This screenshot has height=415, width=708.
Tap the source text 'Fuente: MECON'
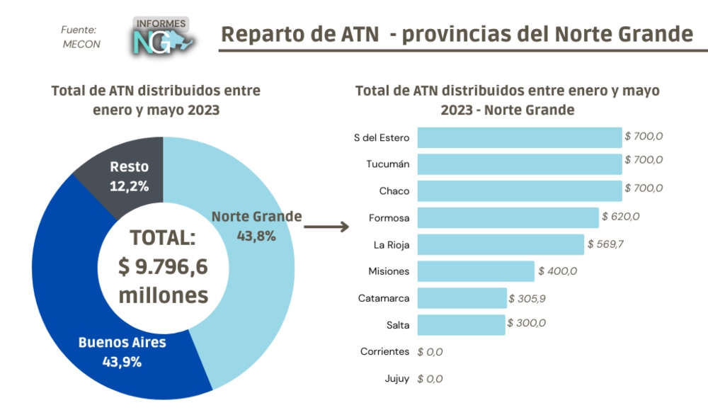(80, 37)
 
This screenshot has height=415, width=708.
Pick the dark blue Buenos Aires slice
(78, 297)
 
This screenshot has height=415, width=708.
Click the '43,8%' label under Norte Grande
(256, 236)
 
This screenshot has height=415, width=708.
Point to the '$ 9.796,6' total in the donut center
(162, 268)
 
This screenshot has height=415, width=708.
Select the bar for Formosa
(508, 217)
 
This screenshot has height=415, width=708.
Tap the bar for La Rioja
(501, 244)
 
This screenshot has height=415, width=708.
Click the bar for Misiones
(476, 271)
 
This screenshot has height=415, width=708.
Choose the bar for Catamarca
(462, 298)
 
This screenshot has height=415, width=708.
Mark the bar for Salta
(461, 324)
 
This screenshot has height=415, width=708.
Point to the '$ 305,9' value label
(527, 298)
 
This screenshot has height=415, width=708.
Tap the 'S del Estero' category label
(381, 137)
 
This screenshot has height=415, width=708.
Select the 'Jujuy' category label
(397, 378)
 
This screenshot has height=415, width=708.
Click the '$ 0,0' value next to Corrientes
(430, 351)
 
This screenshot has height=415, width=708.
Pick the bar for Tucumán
(519, 164)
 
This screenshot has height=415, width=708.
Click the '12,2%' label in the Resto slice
(129, 186)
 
